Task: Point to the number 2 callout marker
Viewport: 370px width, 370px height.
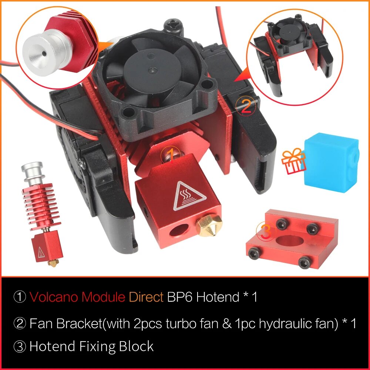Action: click(x=246, y=106)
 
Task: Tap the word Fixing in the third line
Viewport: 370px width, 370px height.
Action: click(x=98, y=347)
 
